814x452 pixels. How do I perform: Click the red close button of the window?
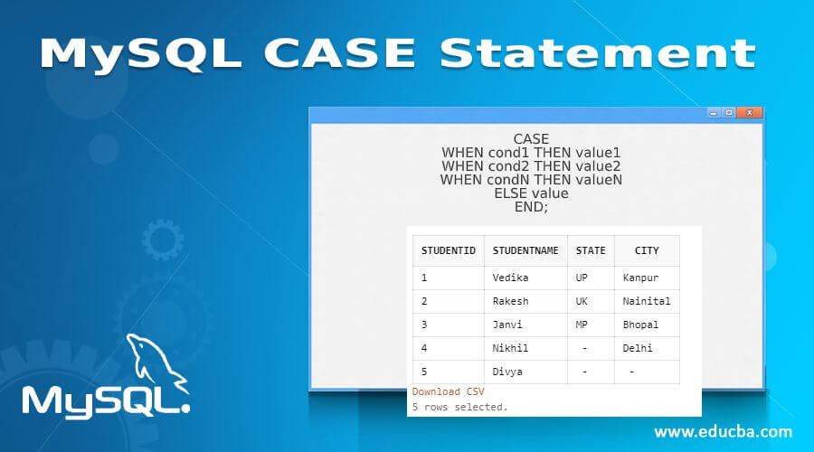point(749,113)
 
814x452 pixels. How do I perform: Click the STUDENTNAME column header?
point(525,250)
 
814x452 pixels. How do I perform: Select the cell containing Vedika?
point(510,277)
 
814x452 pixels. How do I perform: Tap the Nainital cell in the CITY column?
point(647,301)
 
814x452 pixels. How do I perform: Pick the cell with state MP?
point(582,325)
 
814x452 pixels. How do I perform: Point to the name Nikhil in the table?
point(510,348)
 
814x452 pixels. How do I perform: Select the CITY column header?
point(647,250)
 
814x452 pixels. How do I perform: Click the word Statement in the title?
point(597,54)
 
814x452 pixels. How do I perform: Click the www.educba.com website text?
point(723,431)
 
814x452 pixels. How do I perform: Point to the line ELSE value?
point(531,193)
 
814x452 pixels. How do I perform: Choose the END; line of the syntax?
point(531,206)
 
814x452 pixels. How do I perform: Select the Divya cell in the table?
point(507,372)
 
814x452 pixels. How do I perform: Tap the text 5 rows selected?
point(459,407)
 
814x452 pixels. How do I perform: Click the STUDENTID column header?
point(449,250)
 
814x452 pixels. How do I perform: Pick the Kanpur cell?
point(640,277)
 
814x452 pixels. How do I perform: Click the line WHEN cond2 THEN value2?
point(531,166)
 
